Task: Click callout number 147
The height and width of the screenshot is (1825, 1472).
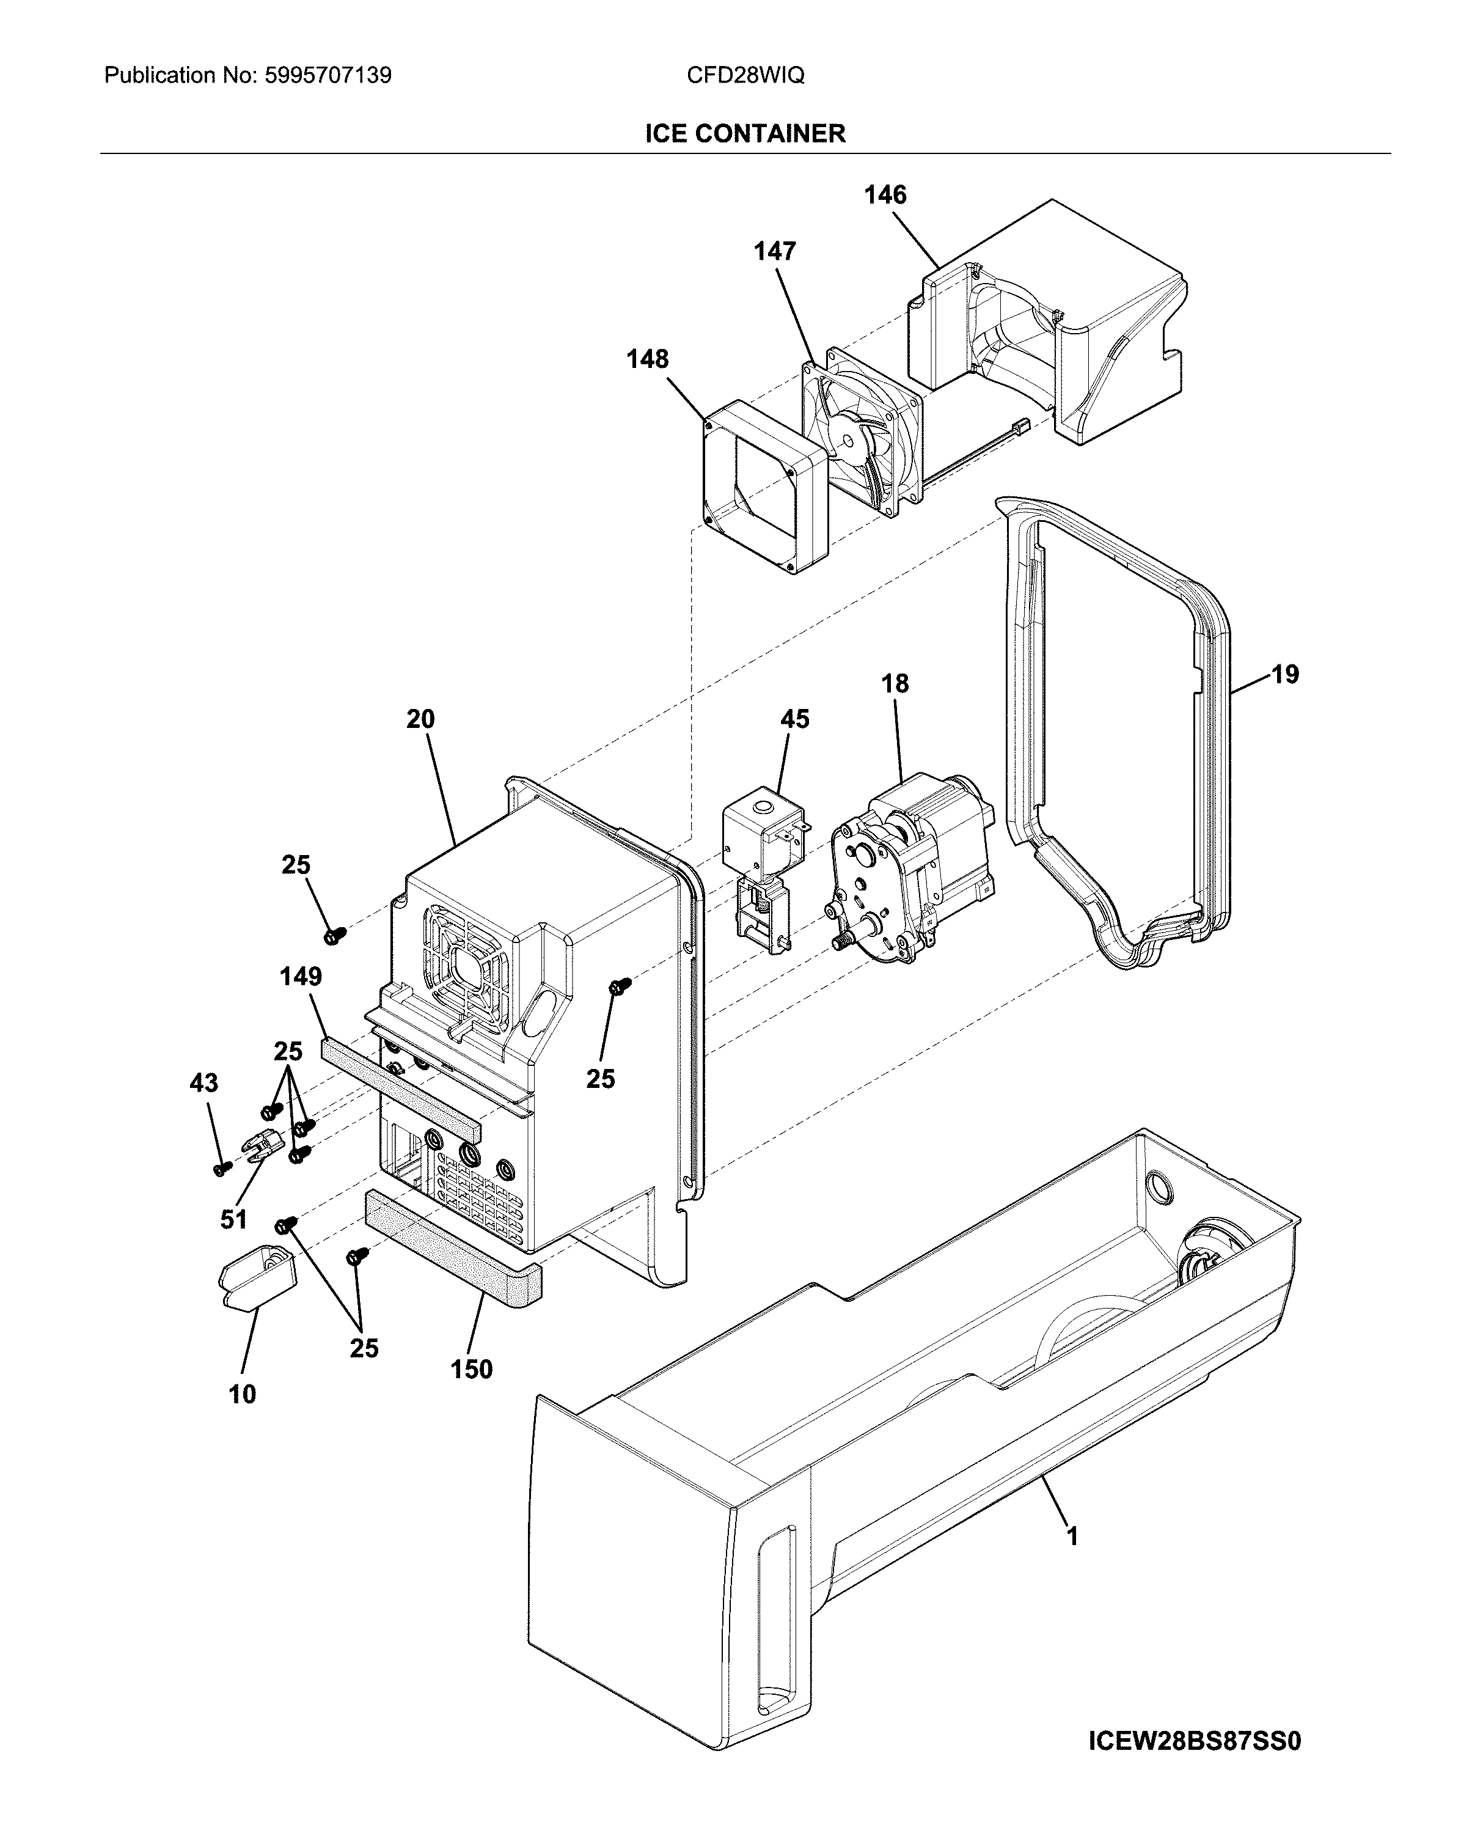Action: pyautogui.click(x=774, y=251)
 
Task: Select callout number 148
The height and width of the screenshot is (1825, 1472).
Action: pyautogui.click(x=647, y=359)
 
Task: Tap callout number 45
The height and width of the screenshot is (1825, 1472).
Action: pyautogui.click(x=794, y=719)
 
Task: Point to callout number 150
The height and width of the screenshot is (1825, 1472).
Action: pyautogui.click(x=472, y=1370)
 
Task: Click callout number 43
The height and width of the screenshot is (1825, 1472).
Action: pyautogui.click(x=203, y=1083)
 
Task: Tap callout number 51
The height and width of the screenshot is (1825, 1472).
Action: pyautogui.click(x=233, y=1219)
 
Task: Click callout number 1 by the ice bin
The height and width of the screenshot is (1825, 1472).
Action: pyautogui.click(x=1072, y=1537)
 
